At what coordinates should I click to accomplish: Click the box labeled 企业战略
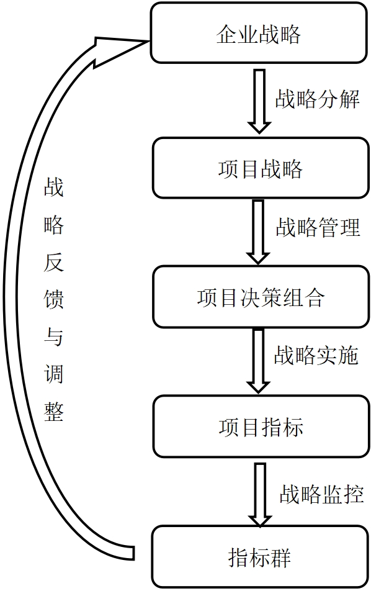[259, 32]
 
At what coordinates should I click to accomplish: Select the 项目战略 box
[261, 168]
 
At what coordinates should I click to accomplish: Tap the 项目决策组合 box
[261, 297]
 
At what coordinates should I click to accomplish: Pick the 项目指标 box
[261, 426]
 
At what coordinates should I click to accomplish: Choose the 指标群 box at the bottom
[261, 557]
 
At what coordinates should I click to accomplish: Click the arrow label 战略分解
[317, 99]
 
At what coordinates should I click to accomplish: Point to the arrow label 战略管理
[318, 227]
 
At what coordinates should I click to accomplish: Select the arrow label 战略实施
[316, 355]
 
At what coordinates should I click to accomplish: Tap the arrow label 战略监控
[321, 494]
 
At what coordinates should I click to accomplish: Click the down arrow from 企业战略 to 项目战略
[259, 101]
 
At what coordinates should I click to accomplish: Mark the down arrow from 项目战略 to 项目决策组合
[258, 232]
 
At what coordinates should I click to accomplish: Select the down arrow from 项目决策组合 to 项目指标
[258, 361]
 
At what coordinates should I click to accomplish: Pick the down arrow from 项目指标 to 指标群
[259, 494]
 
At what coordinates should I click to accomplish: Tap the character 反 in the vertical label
[53, 261]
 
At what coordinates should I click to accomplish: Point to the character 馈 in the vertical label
[53, 299]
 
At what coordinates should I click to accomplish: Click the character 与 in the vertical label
[53, 336]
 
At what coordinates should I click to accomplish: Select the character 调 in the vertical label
[53, 374]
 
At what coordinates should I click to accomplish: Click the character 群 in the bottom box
[280, 557]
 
